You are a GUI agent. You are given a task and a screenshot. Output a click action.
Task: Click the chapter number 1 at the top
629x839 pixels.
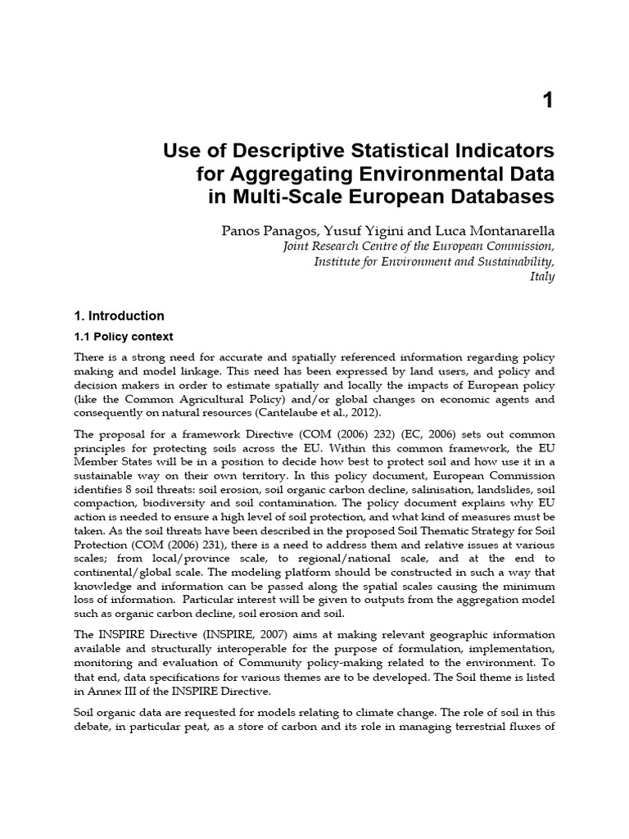[548, 102]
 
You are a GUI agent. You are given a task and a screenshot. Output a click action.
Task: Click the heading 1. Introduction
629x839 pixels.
[119, 315]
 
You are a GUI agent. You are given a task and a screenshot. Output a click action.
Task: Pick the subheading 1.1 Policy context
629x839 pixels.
[124, 337]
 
